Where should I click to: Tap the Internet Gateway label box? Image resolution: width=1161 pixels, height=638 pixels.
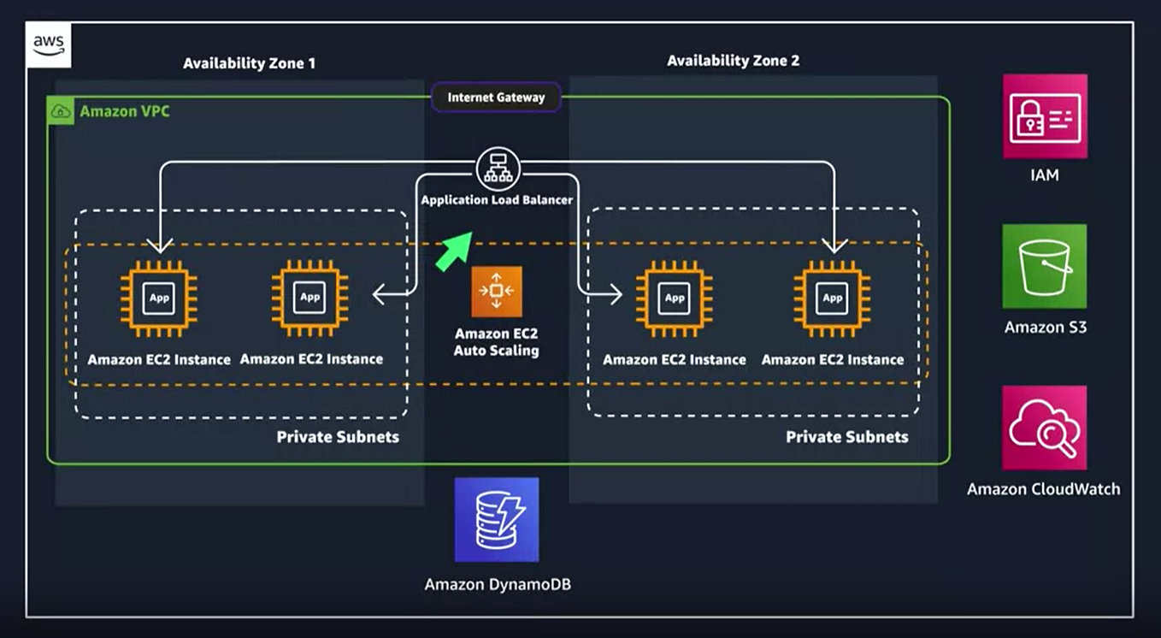(x=496, y=97)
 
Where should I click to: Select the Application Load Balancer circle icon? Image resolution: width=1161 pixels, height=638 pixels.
(x=498, y=168)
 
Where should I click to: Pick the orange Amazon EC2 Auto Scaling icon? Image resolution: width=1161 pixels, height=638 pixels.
(x=497, y=291)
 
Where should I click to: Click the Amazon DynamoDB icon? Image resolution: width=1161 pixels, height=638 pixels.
(x=497, y=519)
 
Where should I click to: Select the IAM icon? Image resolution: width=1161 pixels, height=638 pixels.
(x=1045, y=116)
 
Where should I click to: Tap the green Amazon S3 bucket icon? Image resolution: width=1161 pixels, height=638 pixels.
(x=1045, y=266)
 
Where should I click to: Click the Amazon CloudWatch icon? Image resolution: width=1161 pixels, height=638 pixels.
(x=1045, y=428)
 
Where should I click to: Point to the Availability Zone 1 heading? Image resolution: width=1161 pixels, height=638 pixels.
(x=249, y=63)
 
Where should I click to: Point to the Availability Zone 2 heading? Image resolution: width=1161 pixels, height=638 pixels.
(x=733, y=61)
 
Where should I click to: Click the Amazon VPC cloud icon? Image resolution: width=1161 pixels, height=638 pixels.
(x=61, y=111)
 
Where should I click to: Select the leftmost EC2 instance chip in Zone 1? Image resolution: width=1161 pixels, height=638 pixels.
(x=159, y=298)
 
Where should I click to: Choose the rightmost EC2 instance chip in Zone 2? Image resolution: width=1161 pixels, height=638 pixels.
(x=832, y=298)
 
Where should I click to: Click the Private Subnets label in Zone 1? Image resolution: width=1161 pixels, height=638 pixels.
(x=338, y=437)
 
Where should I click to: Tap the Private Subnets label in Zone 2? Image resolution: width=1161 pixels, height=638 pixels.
(x=846, y=437)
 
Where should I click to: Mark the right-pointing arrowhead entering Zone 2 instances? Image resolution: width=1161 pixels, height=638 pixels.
(x=614, y=295)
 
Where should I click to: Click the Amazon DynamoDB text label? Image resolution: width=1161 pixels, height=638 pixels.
(x=497, y=585)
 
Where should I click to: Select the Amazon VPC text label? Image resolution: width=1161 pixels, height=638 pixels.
(x=124, y=111)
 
